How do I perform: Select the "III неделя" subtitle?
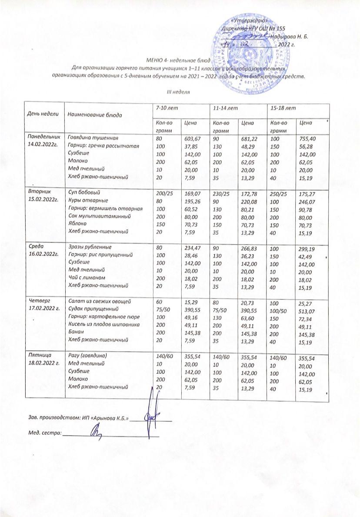pyautogui.click(x=180, y=92)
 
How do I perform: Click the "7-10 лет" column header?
pyautogui.click(x=164, y=107)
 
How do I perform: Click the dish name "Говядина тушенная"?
pyautogui.click(x=89, y=138)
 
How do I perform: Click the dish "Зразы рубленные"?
pyautogui.click(x=85, y=247)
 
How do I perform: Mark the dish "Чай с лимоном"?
pyautogui.click(x=83, y=279)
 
